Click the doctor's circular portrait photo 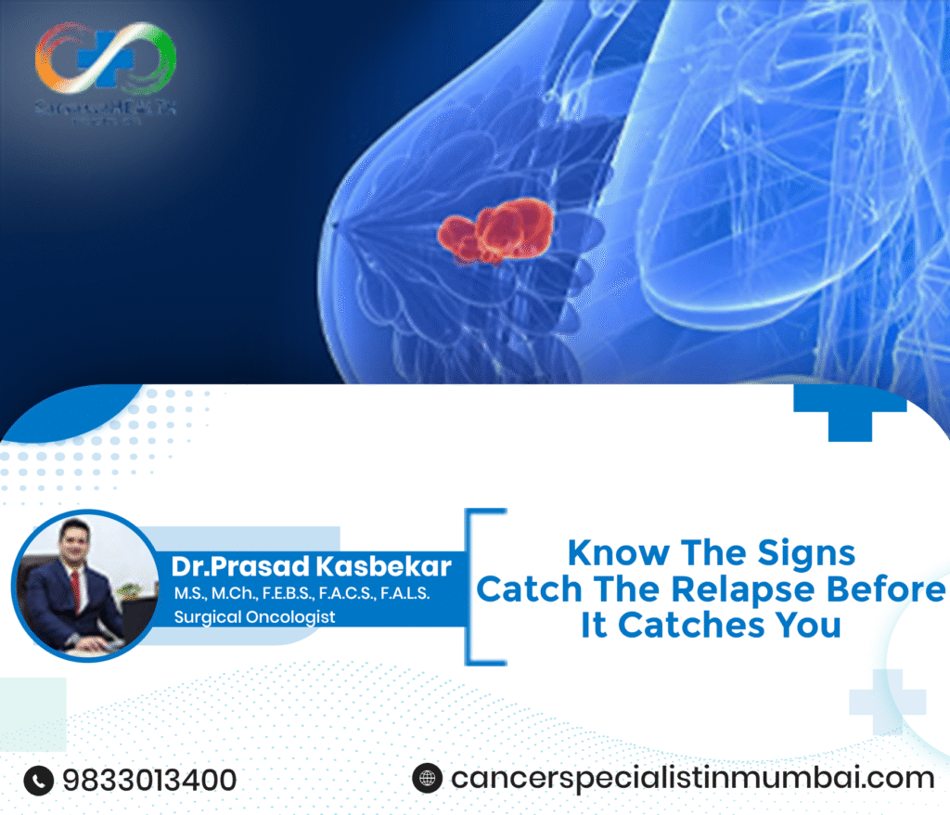point(85,585)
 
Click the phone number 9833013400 point(149,780)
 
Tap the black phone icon point(39,780)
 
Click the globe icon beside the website point(427,778)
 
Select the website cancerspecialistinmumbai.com point(692,778)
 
